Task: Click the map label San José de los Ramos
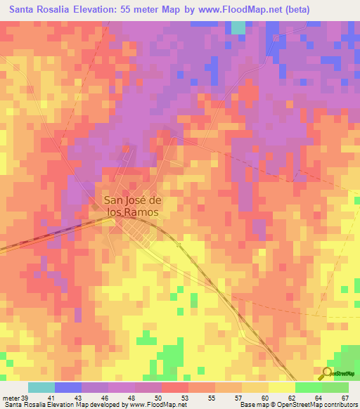coord(131,204)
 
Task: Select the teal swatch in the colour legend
coord(41,388)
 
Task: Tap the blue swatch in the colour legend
coord(68,388)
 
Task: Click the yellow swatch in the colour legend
coord(281,388)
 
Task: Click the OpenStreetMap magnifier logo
coord(328,372)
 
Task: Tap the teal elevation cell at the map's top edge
coord(239,27)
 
